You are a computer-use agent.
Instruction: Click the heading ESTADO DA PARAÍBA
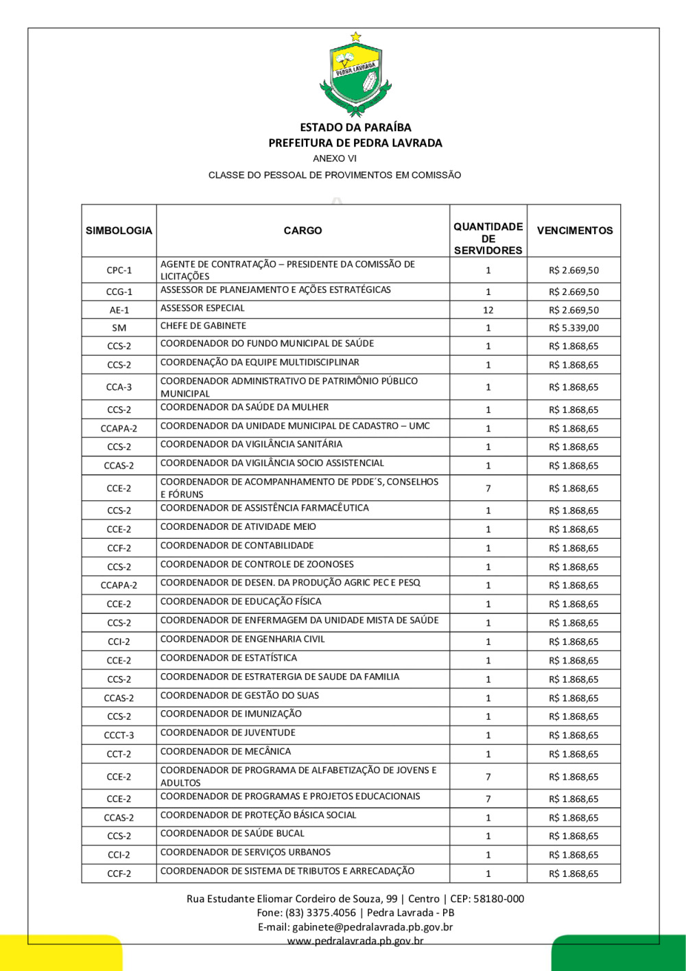(x=355, y=127)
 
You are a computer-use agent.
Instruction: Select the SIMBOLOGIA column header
(x=119, y=231)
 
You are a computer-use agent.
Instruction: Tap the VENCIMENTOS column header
(x=574, y=231)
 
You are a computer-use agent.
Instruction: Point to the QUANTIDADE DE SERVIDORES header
(x=488, y=238)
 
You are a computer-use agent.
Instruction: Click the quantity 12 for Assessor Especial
(x=488, y=310)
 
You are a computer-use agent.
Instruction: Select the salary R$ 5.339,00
(x=573, y=328)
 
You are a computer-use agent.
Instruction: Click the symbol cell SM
(x=119, y=328)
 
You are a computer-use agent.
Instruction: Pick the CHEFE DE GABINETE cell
(x=203, y=326)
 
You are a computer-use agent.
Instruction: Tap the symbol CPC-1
(x=119, y=270)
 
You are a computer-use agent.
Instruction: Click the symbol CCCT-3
(x=119, y=735)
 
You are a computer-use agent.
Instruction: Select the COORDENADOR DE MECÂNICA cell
(x=226, y=751)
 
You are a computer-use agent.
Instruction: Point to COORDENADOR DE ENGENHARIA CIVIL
(x=243, y=639)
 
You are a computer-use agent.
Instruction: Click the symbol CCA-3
(x=119, y=387)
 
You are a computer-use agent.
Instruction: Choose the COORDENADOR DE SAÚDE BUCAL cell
(x=233, y=833)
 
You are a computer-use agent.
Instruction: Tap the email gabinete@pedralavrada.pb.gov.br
(x=372, y=927)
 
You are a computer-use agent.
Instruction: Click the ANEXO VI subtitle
(x=335, y=159)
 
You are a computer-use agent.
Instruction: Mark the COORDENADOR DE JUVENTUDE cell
(x=228, y=732)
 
